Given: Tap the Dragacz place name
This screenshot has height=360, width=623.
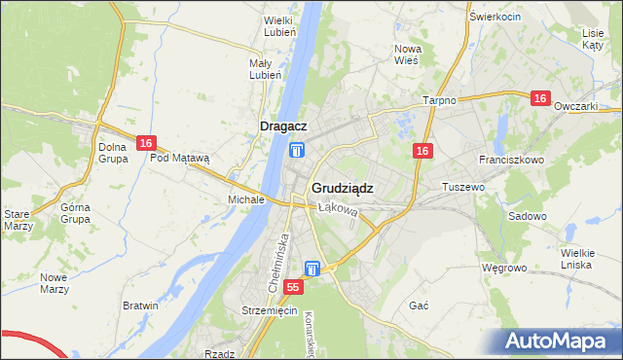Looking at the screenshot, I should (284, 126).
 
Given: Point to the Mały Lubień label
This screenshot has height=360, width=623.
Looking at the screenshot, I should (265, 69).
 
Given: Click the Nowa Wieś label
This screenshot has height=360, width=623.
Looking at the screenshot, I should (406, 54).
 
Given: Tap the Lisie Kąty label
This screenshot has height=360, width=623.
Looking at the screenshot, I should (593, 38).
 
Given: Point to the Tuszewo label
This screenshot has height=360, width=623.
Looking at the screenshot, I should (463, 186).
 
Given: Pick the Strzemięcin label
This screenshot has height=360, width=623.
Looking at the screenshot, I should (269, 310).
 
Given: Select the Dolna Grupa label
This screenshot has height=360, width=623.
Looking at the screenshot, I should (113, 153).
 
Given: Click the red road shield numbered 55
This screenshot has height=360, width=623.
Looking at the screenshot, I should (294, 288).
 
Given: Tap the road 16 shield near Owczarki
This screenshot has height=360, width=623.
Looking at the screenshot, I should (541, 98).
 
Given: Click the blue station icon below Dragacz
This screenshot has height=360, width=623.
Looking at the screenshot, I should (296, 150).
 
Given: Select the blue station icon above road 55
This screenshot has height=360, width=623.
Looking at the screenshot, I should (312, 268).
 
